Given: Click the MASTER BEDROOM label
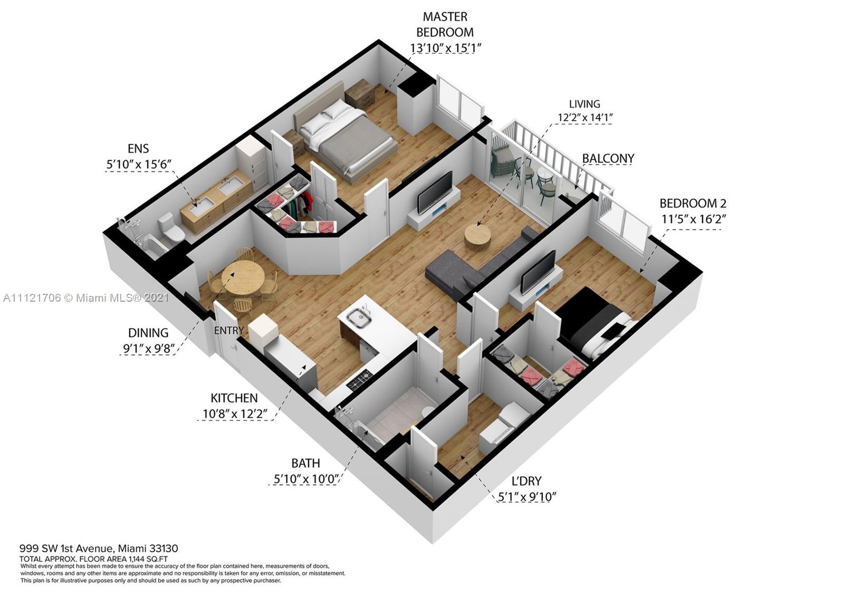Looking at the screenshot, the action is pos(445,24).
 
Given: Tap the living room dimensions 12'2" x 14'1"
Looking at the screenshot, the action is pos(585,118).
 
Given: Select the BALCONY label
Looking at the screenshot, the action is pos(608,158).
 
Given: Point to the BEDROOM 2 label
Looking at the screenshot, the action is pos(693,204).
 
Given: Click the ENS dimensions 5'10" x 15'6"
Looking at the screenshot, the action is pos(139,164).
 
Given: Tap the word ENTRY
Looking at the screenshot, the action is pos(229,330).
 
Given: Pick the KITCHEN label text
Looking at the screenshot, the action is pos(234,398).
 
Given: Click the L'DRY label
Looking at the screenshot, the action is pos(526,481).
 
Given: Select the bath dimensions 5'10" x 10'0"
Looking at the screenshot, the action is pos(305,479).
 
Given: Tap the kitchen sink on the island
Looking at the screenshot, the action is pos(359,320).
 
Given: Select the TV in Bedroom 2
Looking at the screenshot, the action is pos(538,272).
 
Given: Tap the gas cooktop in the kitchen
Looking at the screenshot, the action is pos(359,379).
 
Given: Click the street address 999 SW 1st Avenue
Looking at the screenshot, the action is pos(66,548).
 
